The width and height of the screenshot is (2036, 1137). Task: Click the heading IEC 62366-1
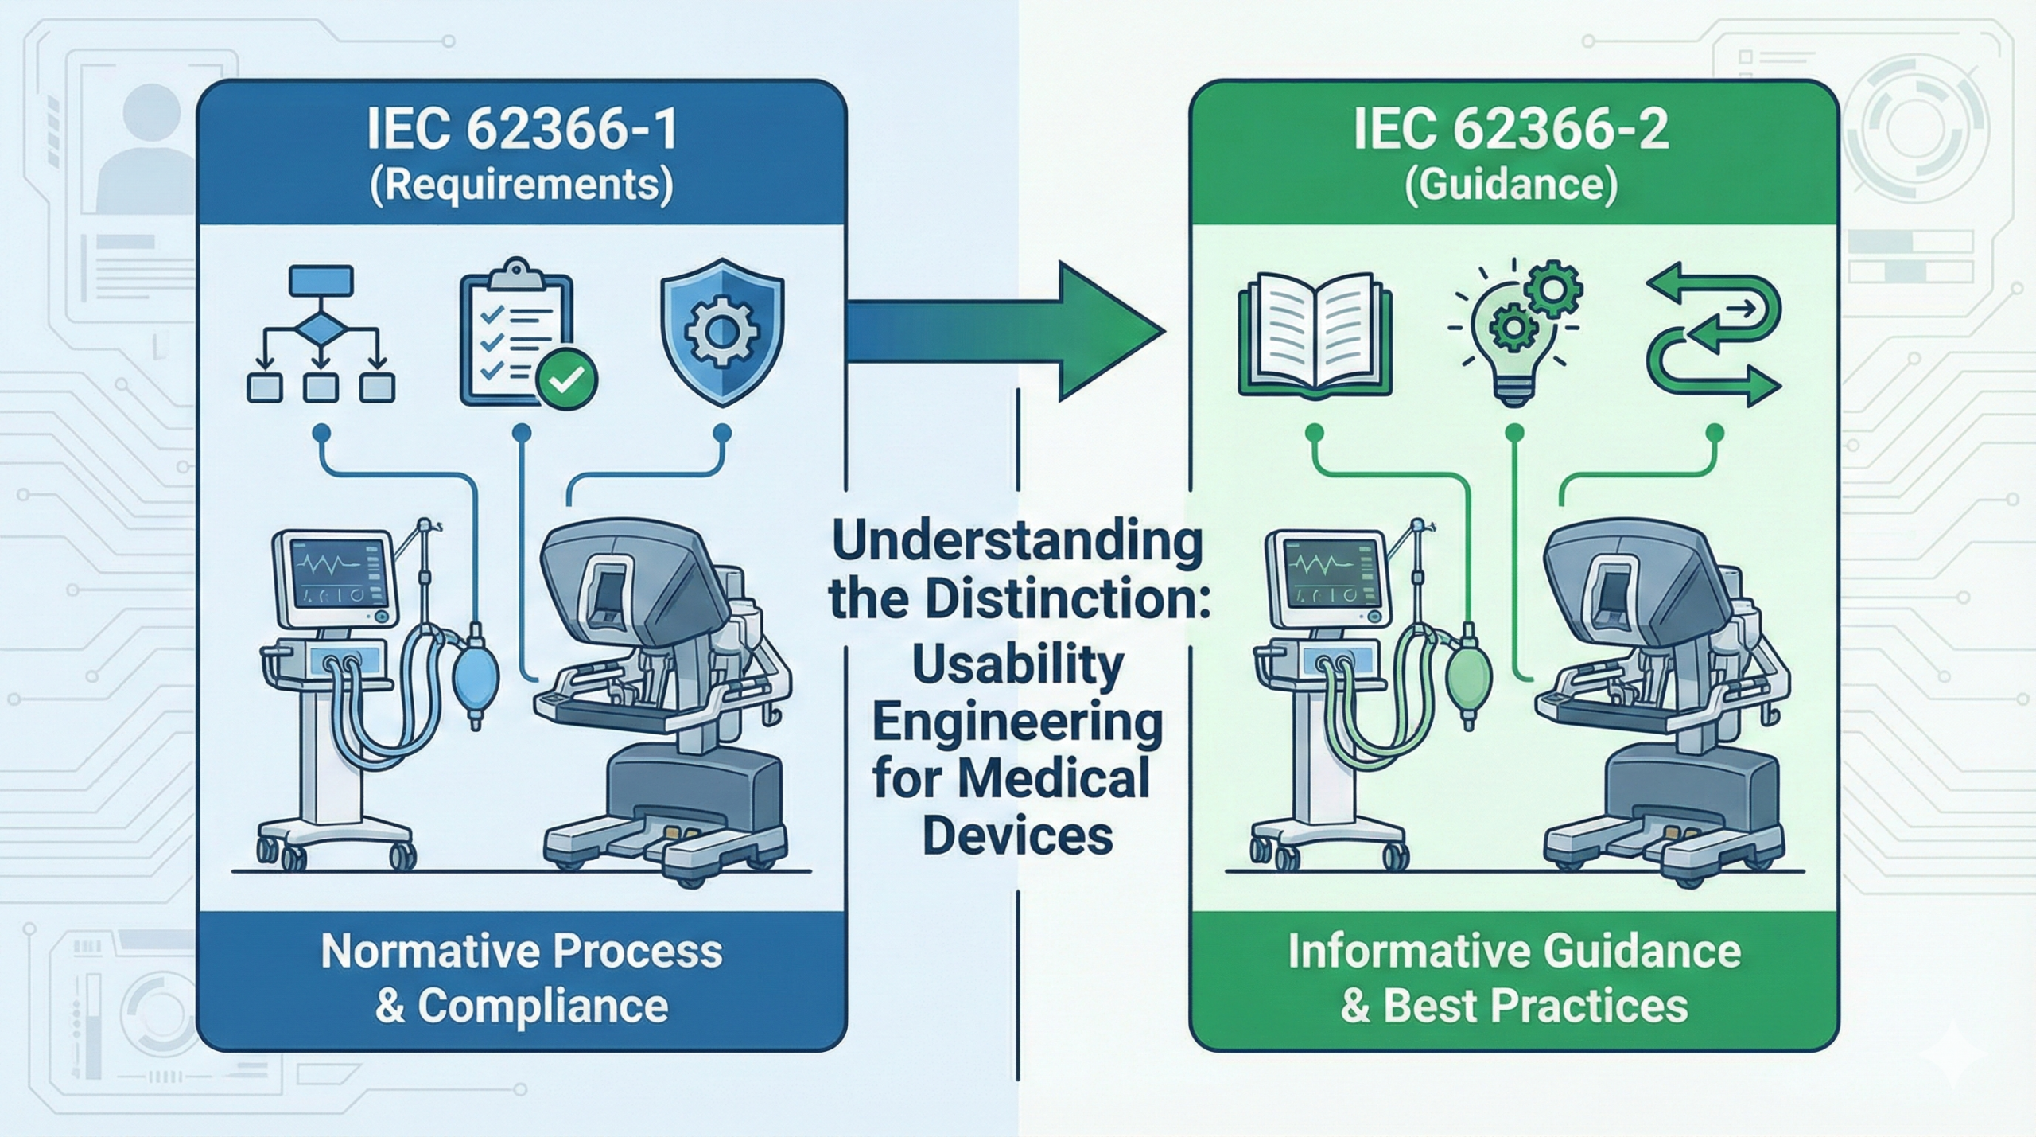[x=522, y=131]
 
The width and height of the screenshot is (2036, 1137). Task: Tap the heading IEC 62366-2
[x=1511, y=131]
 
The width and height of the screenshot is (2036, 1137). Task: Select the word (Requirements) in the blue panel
[x=522, y=185]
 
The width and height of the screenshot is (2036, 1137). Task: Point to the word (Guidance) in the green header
[x=1511, y=185]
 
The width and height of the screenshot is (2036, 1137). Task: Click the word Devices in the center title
[x=1017, y=835]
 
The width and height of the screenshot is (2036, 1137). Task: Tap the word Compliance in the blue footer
[x=542, y=1007]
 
